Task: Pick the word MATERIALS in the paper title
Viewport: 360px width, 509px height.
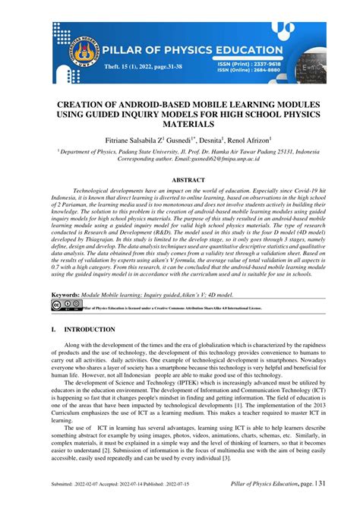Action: coord(180,124)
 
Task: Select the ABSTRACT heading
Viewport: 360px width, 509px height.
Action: coord(180,180)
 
